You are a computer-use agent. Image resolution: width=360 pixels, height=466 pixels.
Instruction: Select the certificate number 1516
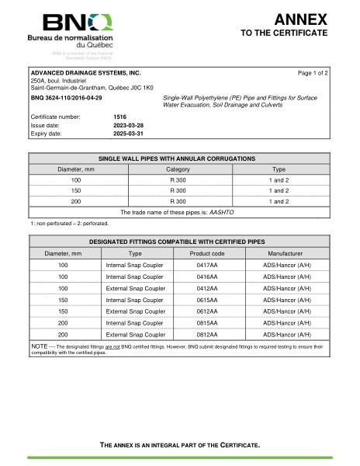tap(120, 116)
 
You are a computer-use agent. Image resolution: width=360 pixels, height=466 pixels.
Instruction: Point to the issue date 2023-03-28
tap(129, 124)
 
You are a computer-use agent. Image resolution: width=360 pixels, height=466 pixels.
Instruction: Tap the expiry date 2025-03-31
tap(129, 133)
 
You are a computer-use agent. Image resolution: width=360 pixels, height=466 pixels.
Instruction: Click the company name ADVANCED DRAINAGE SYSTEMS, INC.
tap(85, 72)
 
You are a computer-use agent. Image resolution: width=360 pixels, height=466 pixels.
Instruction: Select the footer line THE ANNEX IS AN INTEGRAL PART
tap(180, 445)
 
